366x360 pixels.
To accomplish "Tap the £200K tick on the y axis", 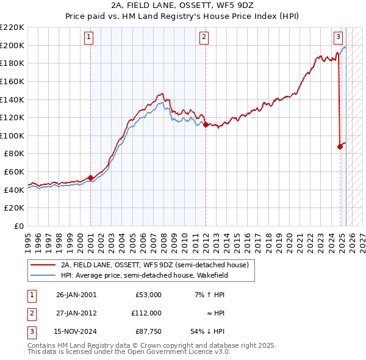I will point(12,45).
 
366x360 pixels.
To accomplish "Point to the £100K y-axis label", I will point(12,135).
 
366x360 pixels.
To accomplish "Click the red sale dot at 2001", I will point(91,178).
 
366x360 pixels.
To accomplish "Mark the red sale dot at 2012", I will point(206,124).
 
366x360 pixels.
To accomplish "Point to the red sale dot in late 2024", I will point(340,146).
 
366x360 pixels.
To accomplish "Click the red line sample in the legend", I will point(43,265).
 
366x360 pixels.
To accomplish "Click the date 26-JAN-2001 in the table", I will point(76,295).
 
